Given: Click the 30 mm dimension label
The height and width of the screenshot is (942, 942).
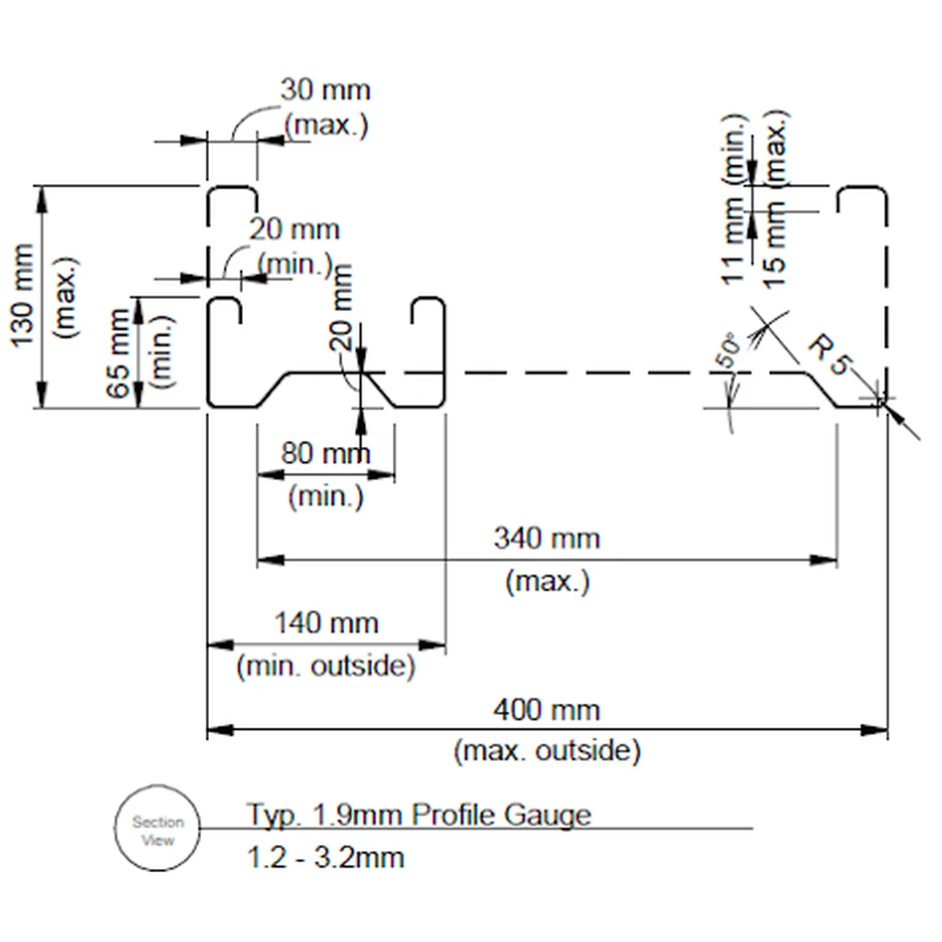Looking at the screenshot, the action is (325, 90).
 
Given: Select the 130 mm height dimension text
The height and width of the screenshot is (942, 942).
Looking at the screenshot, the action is (22, 295).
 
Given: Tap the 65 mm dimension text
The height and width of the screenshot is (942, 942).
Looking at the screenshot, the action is (118, 353).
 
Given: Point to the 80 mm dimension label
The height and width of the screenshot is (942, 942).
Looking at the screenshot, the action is (325, 453).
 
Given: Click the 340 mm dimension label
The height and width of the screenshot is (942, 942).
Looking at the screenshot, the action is (546, 538).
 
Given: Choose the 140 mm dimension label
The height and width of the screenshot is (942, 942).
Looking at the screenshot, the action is (327, 623).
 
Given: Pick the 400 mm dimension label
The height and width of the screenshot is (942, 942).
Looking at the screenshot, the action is (546, 710).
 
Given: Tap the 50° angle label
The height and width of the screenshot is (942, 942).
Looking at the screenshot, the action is (729, 350).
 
